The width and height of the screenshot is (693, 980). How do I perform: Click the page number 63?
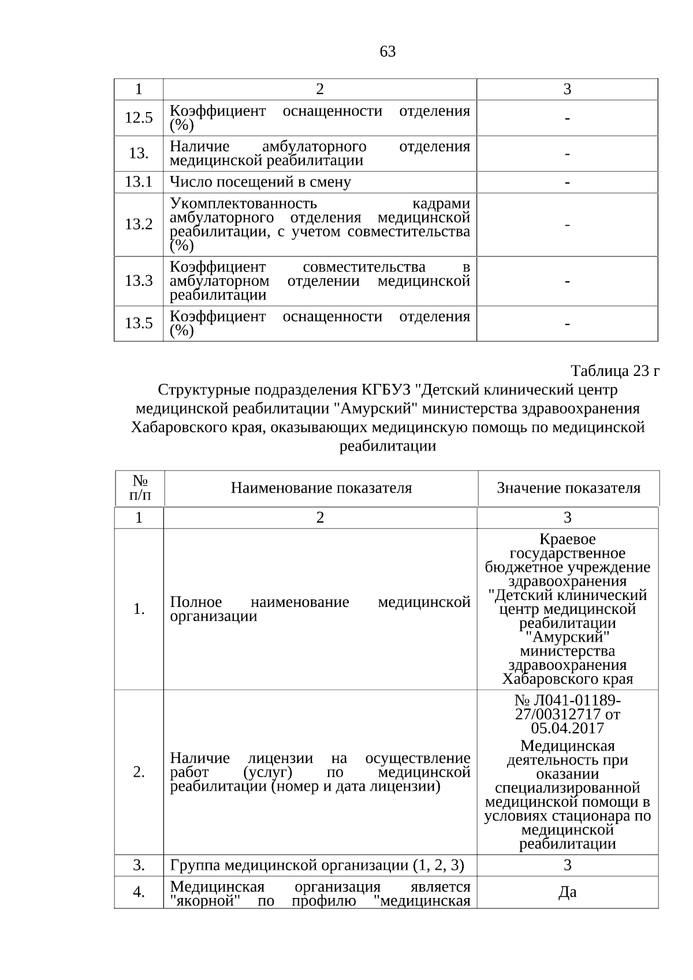388,52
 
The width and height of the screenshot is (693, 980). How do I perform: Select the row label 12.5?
139,118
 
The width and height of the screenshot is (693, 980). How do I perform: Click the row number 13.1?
139,182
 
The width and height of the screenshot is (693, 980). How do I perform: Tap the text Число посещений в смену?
260,182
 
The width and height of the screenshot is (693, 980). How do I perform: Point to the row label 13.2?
139,225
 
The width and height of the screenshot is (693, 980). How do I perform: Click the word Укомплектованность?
244,204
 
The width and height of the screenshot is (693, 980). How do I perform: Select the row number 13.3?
139,281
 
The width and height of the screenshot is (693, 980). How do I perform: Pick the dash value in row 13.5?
568,324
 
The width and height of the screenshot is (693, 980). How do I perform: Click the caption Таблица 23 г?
614,371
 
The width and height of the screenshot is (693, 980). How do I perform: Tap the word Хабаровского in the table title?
178,427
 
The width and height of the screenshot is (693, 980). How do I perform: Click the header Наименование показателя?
321,489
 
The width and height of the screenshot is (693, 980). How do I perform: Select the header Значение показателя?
568,489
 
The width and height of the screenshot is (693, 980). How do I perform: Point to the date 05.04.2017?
568,728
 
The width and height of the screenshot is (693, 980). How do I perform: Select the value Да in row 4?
568,892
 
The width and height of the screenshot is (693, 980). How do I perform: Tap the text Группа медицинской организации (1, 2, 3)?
317,866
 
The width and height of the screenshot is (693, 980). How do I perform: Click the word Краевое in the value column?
568,539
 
